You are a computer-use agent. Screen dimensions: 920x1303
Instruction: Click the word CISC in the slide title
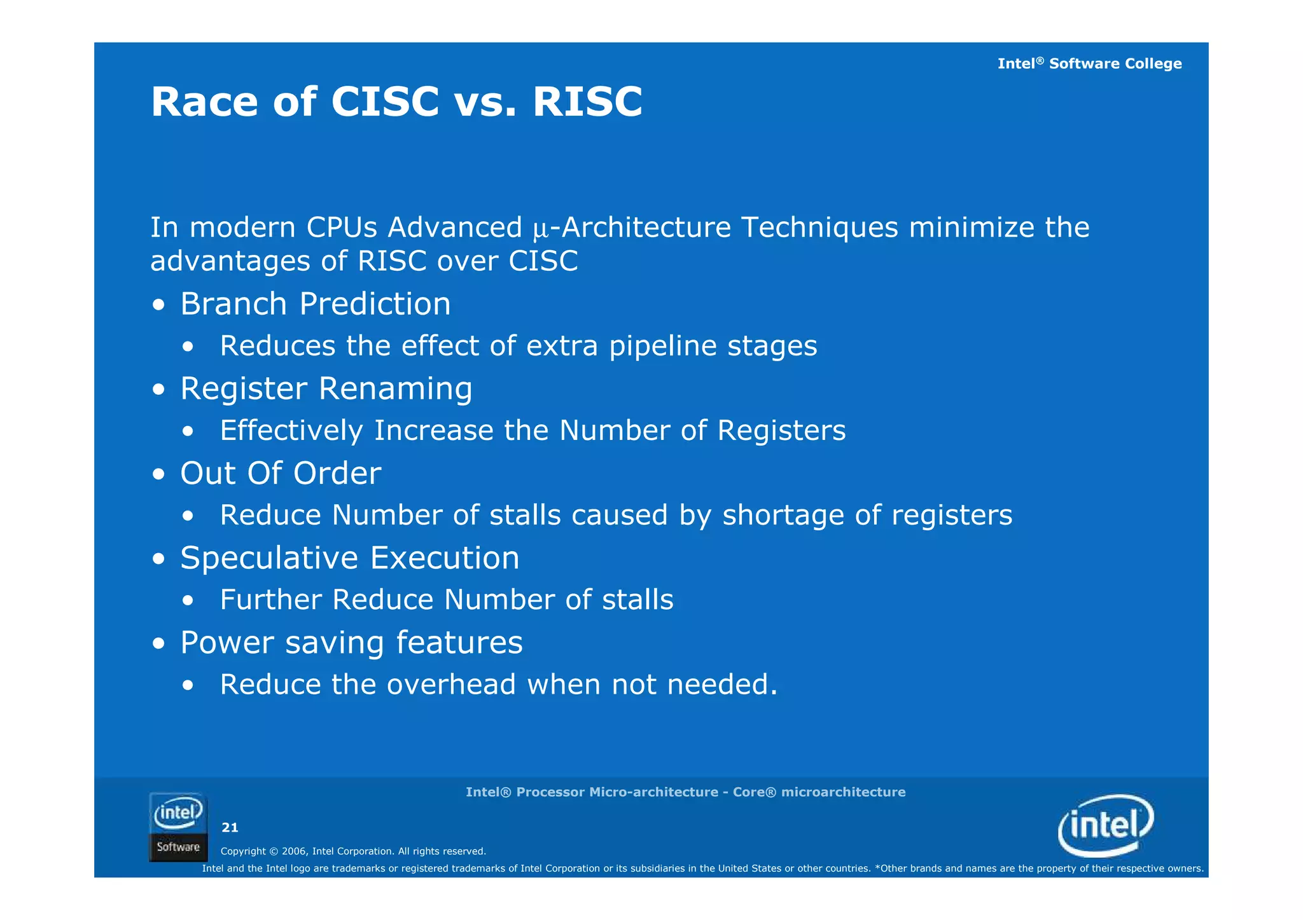pos(385,102)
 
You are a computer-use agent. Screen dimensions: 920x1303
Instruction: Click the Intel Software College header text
pos(1089,64)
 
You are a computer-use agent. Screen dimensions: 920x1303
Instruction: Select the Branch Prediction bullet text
pos(316,304)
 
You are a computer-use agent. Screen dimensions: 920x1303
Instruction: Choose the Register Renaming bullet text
pos(326,388)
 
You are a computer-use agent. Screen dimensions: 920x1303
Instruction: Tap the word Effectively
pos(291,430)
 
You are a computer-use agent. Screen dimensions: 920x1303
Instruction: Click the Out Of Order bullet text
pos(281,473)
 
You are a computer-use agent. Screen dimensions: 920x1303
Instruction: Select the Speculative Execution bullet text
pos(350,558)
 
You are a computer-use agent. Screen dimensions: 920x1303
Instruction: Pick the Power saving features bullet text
pos(351,642)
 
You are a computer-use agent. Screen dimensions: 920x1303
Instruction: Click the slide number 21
pos(230,827)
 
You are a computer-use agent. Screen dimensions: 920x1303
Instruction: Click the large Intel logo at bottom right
pos(1106,825)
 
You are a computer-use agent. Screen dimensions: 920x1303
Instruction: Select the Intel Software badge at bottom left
pos(178,827)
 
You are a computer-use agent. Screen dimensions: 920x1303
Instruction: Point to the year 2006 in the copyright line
pos(295,851)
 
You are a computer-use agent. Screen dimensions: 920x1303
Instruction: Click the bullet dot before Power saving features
pos(159,644)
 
